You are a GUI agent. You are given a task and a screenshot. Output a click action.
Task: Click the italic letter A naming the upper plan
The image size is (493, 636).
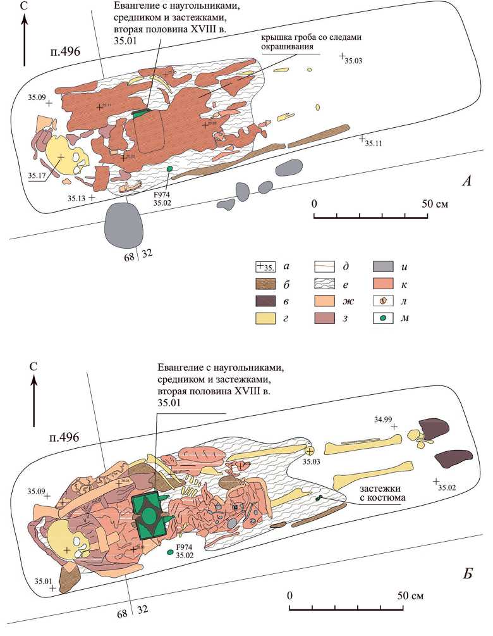click(x=467, y=182)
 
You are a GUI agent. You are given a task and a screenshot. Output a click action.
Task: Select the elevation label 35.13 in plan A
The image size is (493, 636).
click(x=76, y=198)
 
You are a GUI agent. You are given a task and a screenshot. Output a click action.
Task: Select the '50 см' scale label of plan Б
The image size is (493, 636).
click(x=411, y=596)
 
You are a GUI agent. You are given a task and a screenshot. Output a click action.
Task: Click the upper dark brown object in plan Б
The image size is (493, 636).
click(x=432, y=429)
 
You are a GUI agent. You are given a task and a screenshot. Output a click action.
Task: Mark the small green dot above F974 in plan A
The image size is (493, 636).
click(x=169, y=169)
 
